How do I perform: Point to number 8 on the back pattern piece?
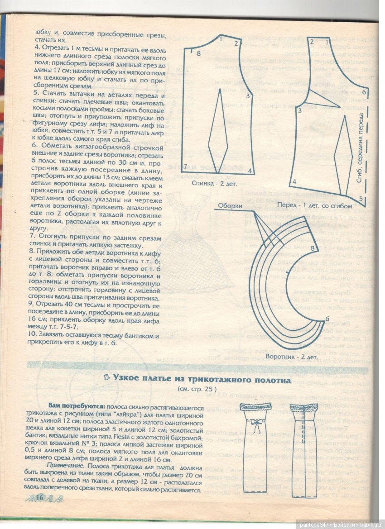198,54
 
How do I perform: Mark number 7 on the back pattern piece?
185,166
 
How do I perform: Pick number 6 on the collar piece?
327,319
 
